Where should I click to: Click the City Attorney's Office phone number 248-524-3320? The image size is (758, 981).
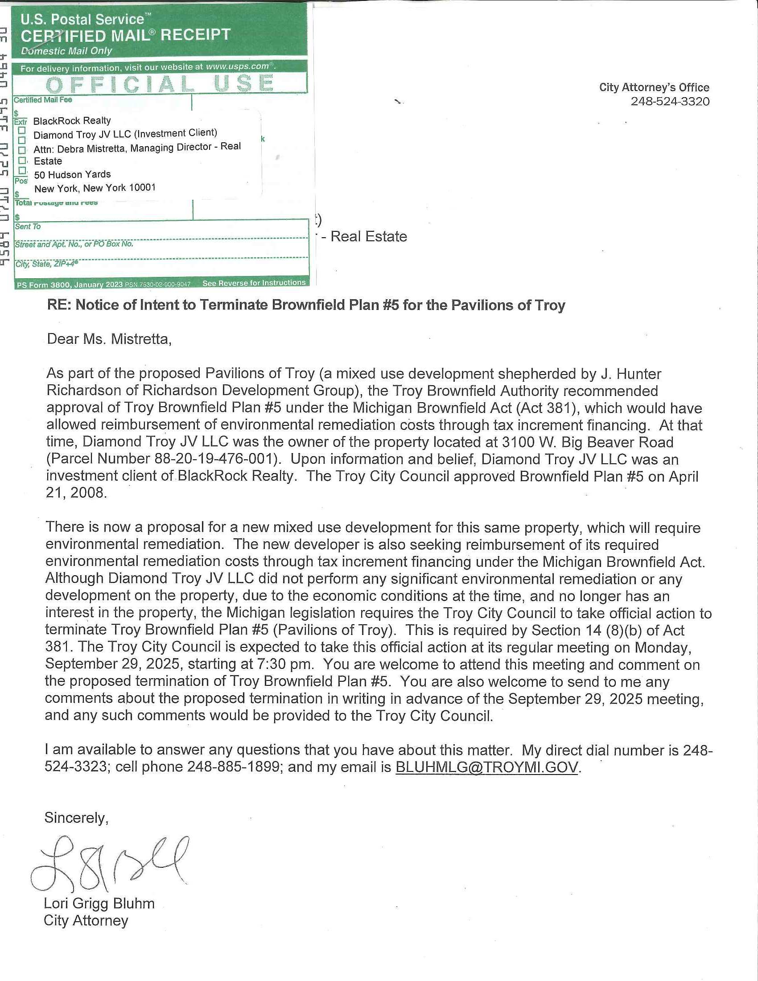[670, 102]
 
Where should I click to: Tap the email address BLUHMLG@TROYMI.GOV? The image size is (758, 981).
[486, 767]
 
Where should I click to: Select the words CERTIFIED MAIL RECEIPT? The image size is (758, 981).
[125, 36]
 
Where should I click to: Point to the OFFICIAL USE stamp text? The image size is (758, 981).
[160, 84]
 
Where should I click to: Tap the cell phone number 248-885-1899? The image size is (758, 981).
[234, 767]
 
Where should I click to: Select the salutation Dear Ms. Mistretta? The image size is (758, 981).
[109, 339]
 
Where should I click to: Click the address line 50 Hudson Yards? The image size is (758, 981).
[72, 174]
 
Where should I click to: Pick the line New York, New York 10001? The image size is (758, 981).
[95, 188]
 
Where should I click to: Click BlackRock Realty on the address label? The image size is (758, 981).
[72, 120]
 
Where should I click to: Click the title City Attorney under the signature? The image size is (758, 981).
[86, 920]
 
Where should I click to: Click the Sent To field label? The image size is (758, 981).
[28, 227]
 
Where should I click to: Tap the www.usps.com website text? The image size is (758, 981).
[237, 66]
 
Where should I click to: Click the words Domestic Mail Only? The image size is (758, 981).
[66, 51]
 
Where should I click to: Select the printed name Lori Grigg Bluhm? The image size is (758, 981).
[99, 903]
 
